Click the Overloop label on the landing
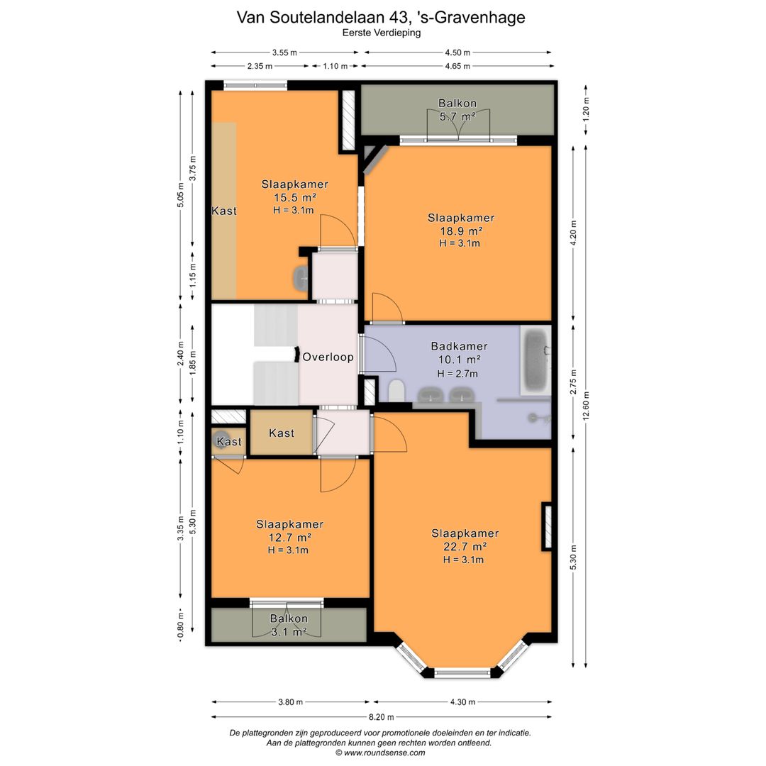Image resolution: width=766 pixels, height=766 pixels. pyautogui.click(x=328, y=357)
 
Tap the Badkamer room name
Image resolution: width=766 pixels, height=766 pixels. pyautogui.click(x=459, y=346)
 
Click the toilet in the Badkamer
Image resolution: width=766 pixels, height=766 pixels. pyautogui.click(x=396, y=391)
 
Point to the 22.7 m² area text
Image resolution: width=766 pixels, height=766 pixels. pyautogui.click(x=465, y=547)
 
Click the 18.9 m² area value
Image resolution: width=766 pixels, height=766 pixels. pyautogui.click(x=461, y=231)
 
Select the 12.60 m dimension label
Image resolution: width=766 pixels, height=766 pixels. pyautogui.click(x=587, y=406)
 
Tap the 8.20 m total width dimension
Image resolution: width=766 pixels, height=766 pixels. pyautogui.click(x=382, y=717)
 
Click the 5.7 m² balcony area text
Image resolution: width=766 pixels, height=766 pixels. pyautogui.click(x=457, y=117)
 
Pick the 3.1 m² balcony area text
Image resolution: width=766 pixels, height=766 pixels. pyautogui.click(x=289, y=632)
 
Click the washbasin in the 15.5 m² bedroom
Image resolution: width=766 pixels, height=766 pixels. pyautogui.click(x=301, y=279)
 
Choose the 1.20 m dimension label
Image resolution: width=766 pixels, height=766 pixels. pyautogui.click(x=587, y=109)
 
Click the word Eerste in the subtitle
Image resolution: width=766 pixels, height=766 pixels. pyautogui.click(x=357, y=33)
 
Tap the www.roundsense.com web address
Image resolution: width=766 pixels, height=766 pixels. pyautogui.click(x=384, y=753)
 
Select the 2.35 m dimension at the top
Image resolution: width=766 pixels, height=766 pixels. pyautogui.click(x=260, y=66)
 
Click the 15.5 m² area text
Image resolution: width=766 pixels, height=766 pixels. pyautogui.click(x=294, y=198)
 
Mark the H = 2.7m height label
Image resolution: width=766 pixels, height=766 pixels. pyautogui.click(x=457, y=374)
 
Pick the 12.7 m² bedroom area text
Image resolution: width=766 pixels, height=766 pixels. pyautogui.click(x=289, y=538)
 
